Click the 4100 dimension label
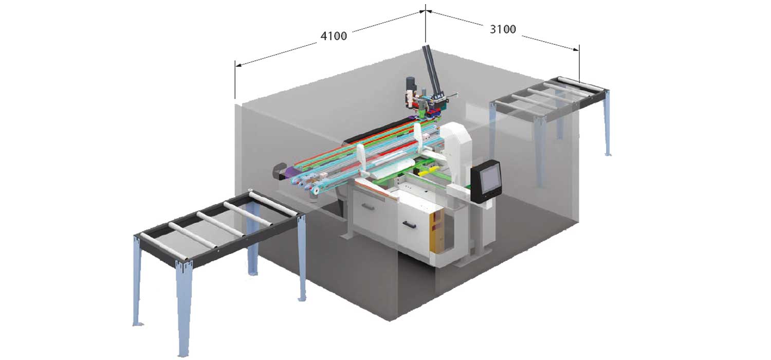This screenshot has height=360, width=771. pos(334,36)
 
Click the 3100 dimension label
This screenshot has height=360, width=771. pos(502,29)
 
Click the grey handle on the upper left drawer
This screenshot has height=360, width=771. pos(369,207)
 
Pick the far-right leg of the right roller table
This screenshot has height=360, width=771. pos(607,123)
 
